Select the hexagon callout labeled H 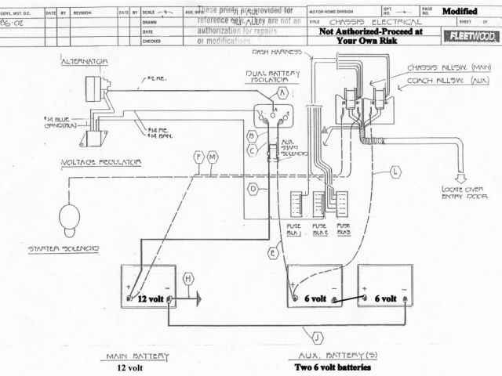(188, 279)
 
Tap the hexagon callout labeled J (315, 338)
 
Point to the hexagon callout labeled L (395, 170)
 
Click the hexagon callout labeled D (253, 190)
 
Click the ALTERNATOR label (84, 60)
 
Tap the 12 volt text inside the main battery (152, 299)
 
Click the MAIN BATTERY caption (137, 356)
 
